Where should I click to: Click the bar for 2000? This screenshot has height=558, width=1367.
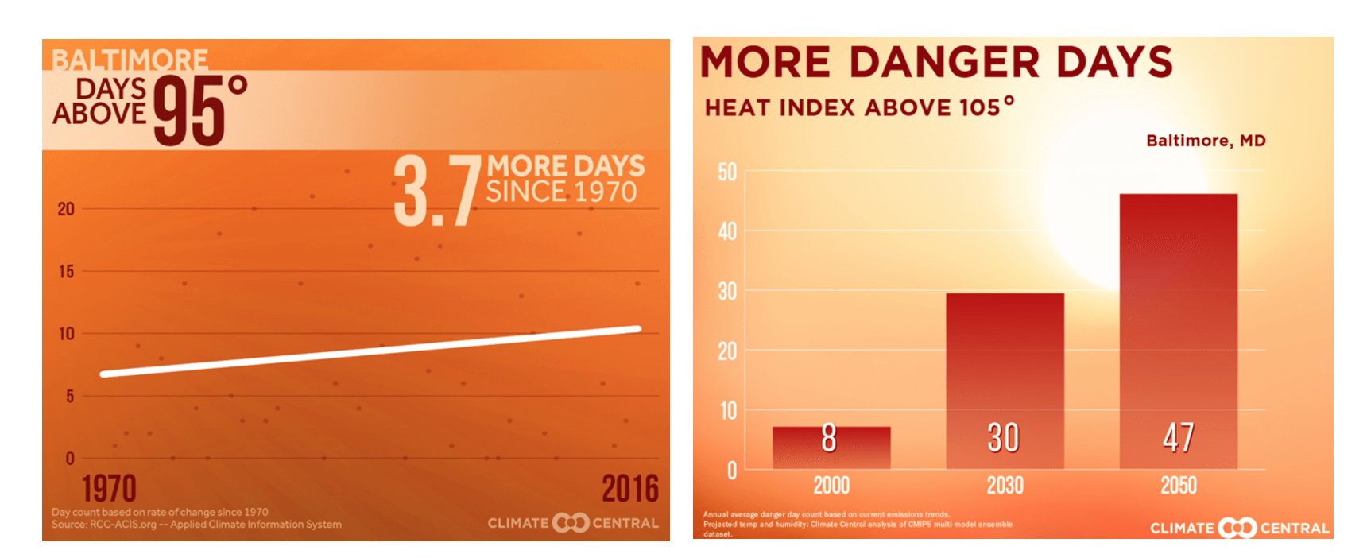(x=831, y=448)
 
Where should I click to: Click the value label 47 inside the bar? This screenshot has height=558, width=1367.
(x=1178, y=437)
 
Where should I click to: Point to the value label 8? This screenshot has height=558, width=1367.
(x=829, y=437)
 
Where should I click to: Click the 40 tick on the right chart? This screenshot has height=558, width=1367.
(x=727, y=231)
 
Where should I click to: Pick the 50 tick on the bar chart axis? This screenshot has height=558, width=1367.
(x=727, y=172)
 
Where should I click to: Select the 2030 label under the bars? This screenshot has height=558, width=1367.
(x=1005, y=485)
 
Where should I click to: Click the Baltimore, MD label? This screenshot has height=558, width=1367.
(x=1205, y=141)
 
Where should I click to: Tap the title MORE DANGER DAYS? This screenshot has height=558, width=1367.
(x=935, y=62)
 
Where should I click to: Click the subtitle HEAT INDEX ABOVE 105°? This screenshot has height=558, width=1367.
(x=858, y=107)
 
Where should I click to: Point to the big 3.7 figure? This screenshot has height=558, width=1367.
(x=436, y=191)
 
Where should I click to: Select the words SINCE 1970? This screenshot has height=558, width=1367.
(x=561, y=192)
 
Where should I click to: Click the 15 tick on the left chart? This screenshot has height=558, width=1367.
(x=66, y=272)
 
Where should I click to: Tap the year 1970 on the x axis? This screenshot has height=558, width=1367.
(x=109, y=488)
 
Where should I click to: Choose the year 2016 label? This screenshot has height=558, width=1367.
(x=629, y=488)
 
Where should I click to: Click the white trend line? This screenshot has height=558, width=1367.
(x=370, y=351)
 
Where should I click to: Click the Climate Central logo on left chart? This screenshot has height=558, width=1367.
(x=572, y=523)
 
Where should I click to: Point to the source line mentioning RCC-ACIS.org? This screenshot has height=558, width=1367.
(x=196, y=525)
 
